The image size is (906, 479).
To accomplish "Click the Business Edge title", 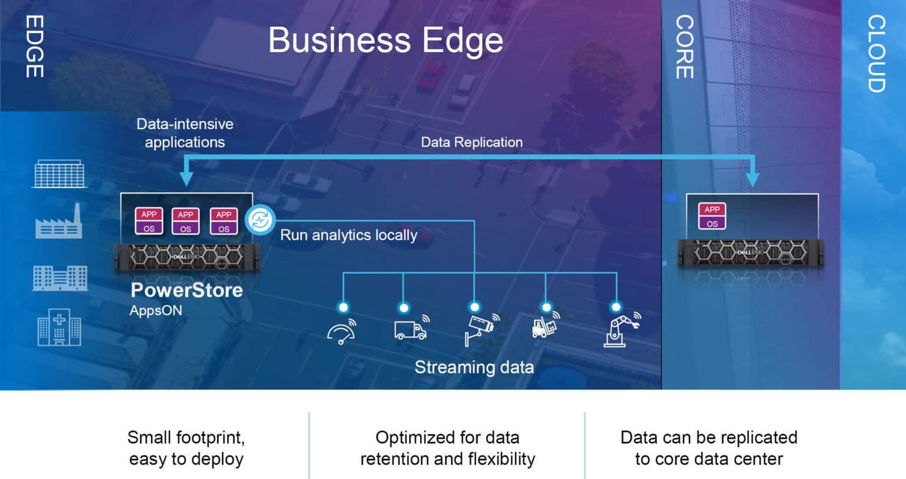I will click(386, 40).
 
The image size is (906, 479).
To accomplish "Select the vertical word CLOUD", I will click(876, 54).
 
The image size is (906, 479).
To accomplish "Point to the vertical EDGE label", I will click(34, 47).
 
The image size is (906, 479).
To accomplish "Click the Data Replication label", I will click(471, 142).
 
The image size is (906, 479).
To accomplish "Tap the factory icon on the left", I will click(58, 221).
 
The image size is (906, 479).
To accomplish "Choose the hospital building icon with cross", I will click(59, 327).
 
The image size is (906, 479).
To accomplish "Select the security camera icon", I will click(481, 329).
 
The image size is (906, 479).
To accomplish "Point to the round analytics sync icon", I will click(260, 221).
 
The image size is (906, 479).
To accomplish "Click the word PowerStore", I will click(186, 290).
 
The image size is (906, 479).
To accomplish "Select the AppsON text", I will click(156, 310).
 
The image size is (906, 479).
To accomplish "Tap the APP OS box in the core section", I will click(712, 216).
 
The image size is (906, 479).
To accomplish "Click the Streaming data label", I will click(474, 368).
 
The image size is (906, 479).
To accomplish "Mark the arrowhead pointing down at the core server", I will click(753, 179).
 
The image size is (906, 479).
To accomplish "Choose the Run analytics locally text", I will click(349, 235).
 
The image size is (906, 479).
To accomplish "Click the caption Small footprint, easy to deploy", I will click(186, 448).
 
